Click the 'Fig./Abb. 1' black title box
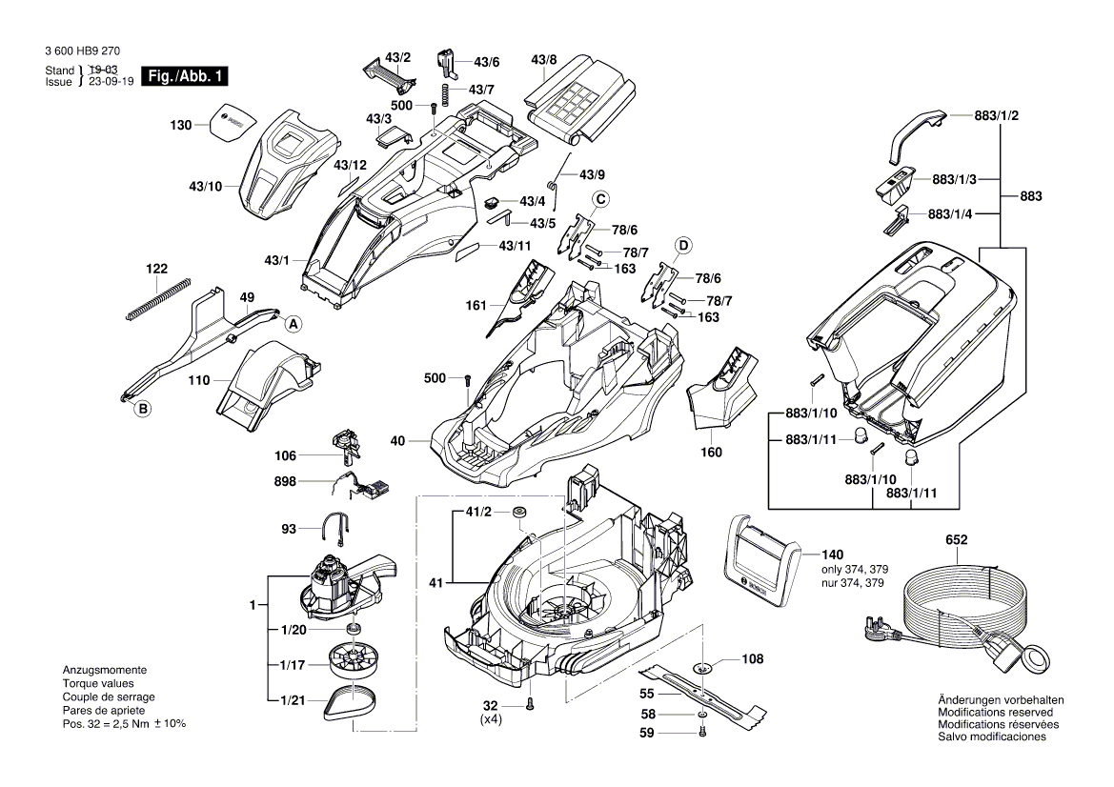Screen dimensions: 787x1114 coord(185,76)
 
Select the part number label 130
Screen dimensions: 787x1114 coord(180,125)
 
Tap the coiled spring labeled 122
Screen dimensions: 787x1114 coord(157,298)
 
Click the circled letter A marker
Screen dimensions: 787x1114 coord(293,324)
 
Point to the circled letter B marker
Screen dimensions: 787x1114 coord(143,410)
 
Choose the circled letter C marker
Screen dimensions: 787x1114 coord(600,198)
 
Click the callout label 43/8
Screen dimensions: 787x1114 coord(543,61)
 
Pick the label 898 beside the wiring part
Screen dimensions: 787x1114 coord(284,482)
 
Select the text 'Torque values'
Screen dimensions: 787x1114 coord(98,683)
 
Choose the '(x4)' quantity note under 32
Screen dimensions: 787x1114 coord(493,722)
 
